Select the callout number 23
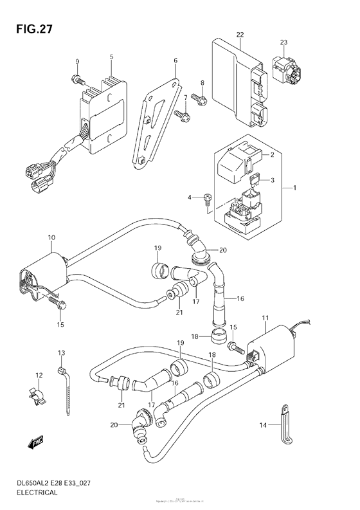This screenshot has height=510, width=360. (x=283, y=44)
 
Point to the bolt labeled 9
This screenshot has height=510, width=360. (x=76, y=78)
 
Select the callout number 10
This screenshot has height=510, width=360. (x=51, y=238)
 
